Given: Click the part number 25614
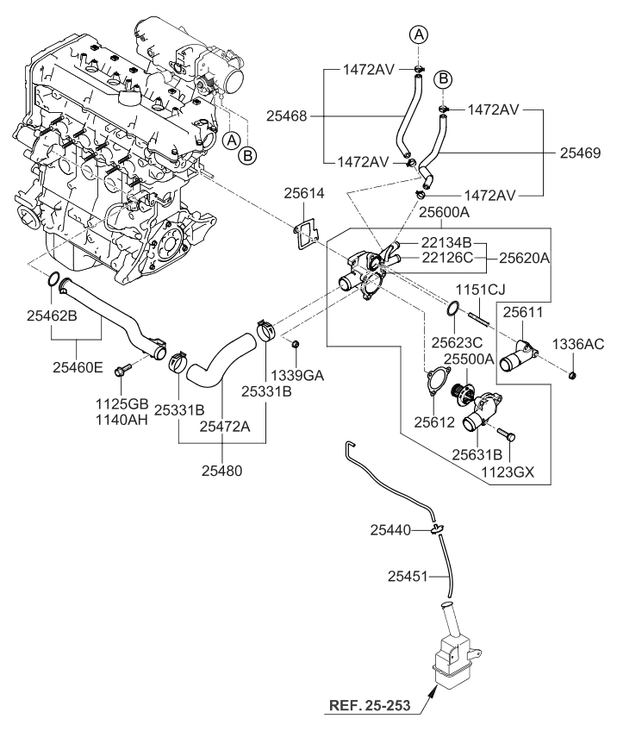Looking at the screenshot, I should point(305,196).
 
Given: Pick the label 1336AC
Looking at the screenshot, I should point(583,343).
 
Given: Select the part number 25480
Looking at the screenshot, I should point(222,471).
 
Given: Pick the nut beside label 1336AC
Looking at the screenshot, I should point(573,374).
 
